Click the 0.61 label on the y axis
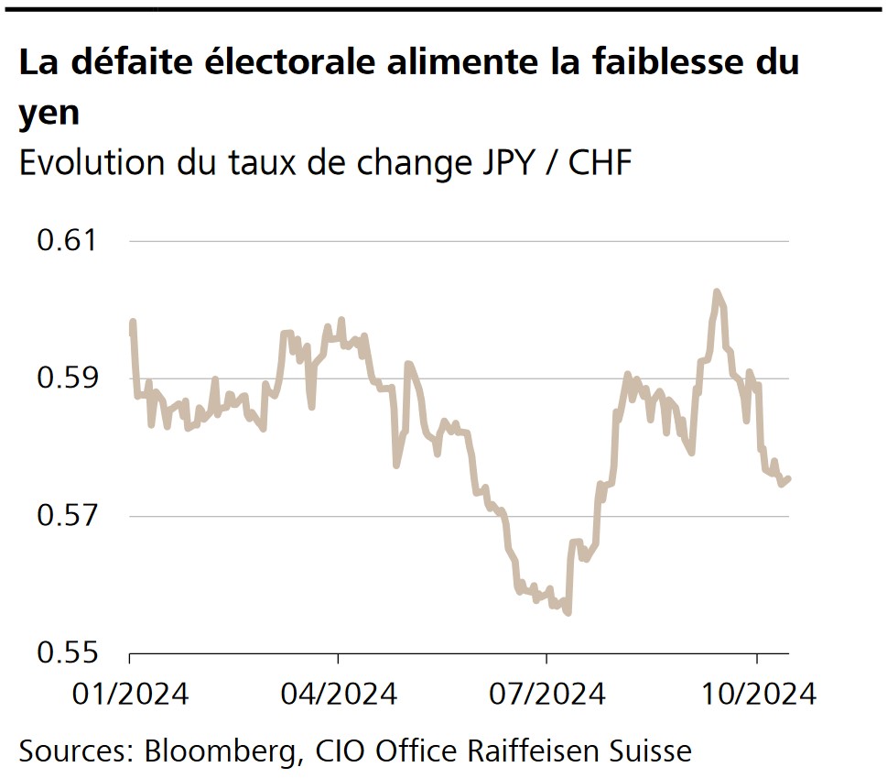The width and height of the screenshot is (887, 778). tap(67, 242)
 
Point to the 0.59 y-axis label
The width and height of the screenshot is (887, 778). tap(67, 378)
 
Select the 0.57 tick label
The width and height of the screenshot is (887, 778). tap(67, 516)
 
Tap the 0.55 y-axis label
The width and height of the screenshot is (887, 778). tap(67, 652)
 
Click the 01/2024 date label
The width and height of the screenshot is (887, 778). tap(130, 694)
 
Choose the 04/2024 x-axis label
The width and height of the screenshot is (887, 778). tap(338, 694)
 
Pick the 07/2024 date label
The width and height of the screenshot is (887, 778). tap(546, 694)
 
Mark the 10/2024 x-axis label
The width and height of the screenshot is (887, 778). tap(756, 694)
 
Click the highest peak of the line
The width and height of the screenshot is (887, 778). tap(717, 291)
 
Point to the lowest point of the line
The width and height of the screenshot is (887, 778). tap(568, 613)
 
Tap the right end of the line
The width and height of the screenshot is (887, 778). tap(789, 477)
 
